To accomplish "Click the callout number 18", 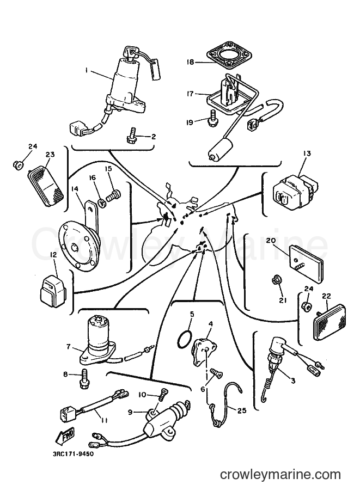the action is point(190,62).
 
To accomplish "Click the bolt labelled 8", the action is point(84,378).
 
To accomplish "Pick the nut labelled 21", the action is point(276,280).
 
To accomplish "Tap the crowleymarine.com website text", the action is point(280,475).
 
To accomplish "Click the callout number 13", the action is point(299,154).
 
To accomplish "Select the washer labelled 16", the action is point(103,201).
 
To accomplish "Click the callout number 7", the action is point(69,346).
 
